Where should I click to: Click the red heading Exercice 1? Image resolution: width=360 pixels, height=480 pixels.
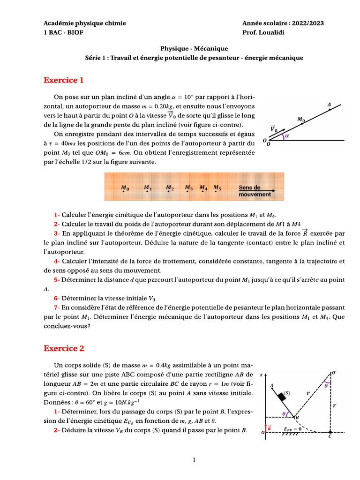[x=63, y=80]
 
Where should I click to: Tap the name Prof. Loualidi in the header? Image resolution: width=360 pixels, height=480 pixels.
[x=263, y=33]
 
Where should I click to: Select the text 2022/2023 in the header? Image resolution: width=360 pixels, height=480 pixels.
[x=307, y=23]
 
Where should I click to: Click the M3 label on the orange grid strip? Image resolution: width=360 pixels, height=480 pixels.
[x=188, y=188]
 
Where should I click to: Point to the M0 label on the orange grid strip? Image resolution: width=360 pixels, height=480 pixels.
[x=125, y=188]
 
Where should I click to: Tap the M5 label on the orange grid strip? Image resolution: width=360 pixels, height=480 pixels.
[x=217, y=188]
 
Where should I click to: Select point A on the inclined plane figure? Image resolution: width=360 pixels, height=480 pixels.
[x=329, y=105]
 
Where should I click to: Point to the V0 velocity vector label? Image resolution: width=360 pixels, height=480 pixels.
[x=273, y=128]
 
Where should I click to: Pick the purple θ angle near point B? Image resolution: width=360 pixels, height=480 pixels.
[x=285, y=413]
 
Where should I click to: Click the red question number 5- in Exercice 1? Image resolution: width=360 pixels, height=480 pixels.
[x=56, y=280]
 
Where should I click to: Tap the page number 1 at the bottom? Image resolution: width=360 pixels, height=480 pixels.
[x=194, y=460]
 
